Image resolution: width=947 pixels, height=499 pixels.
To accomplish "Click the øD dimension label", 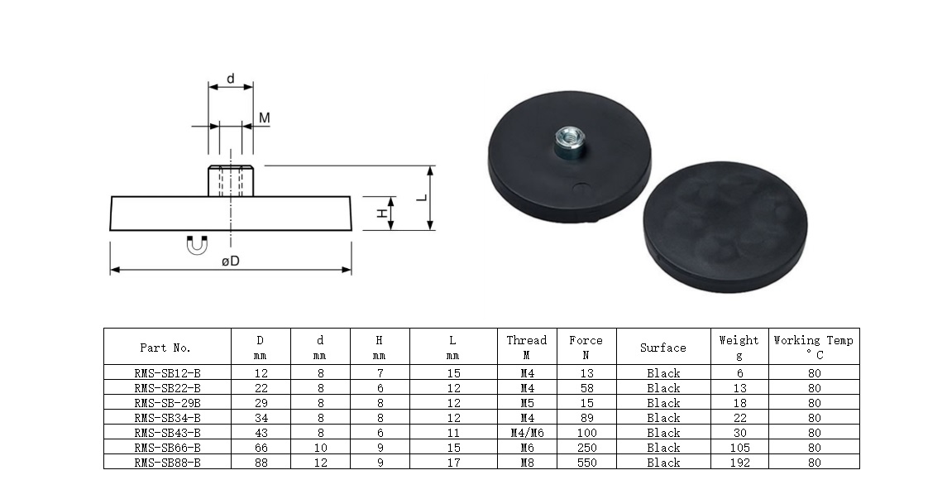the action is click(230, 261).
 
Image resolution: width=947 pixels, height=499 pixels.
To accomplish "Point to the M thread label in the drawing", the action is click(265, 118).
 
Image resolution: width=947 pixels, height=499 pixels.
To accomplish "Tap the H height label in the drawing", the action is click(382, 214).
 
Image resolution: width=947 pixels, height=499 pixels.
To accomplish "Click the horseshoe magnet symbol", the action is click(197, 245).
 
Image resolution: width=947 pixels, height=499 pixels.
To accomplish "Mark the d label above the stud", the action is click(230, 79).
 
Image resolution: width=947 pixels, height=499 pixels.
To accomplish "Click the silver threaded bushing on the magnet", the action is click(568, 142).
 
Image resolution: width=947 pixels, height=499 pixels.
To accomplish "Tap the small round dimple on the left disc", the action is click(581, 188).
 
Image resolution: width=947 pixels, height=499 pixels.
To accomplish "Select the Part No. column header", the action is click(165, 348).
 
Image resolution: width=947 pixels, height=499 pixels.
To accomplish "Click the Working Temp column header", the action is click(814, 347).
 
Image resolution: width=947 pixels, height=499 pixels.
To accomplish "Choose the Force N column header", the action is click(586, 347).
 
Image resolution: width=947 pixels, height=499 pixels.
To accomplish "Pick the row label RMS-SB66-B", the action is click(167, 448).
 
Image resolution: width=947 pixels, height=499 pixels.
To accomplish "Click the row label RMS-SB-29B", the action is click(167, 403).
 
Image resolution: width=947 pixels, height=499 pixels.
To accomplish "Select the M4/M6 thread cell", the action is click(527, 433).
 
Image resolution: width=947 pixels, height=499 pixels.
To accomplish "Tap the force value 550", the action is click(586, 463).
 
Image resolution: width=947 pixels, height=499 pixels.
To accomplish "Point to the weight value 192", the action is click(740, 463).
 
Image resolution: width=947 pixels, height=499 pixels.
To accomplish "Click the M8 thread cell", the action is click(527, 463).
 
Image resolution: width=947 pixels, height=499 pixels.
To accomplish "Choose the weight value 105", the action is click(740, 448).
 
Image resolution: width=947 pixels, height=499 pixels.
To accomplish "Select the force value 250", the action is click(586, 448).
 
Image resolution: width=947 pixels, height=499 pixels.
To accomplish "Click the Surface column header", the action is click(663, 348).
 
